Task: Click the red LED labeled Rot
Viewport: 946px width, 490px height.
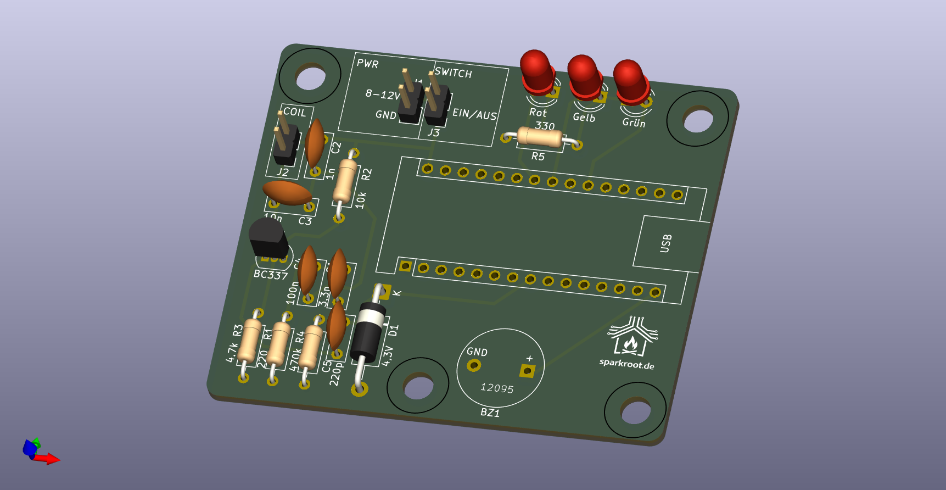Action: tap(536, 71)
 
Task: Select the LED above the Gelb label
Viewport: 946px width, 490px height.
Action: tap(584, 75)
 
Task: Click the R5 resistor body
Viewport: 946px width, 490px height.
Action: tap(540, 137)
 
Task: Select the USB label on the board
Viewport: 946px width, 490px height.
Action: tap(665, 243)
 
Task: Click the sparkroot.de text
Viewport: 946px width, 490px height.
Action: tap(626, 364)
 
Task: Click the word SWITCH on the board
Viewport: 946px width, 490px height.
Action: tap(453, 73)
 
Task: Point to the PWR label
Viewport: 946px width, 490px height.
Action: tap(367, 64)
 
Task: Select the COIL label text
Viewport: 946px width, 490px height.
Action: tap(295, 112)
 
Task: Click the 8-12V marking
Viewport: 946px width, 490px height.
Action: tap(383, 94)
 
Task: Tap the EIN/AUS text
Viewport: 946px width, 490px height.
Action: tap(474, 114)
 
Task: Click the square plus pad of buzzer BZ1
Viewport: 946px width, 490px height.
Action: tap(527, 371)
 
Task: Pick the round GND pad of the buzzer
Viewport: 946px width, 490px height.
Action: tap(473, 365)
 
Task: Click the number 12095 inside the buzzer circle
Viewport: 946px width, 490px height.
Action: tap(497, 388)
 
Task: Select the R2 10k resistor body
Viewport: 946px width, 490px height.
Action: tap(345, 181)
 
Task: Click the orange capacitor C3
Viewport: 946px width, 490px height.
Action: tap(287, 193)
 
